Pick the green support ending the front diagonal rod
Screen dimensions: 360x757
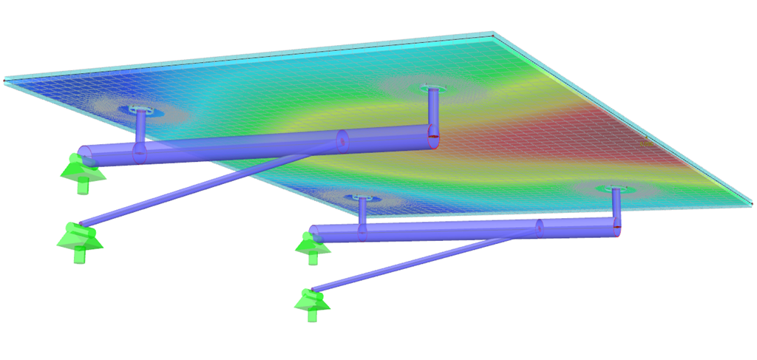click(x=310, y=305)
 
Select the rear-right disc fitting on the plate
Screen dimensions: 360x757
click(x=432, y=89)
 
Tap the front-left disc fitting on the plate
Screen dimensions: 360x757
click(x=361, y=199)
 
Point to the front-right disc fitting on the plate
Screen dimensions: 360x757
click(x=615, y=191)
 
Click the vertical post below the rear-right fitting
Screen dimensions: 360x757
click(x=432, y=111)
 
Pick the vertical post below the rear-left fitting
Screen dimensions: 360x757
click(x=140, y=129)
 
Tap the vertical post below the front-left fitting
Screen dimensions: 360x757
click(x=361, y=213)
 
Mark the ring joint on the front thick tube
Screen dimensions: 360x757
click(x=540, y=227)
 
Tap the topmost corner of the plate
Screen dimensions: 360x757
click(x=491, y=34)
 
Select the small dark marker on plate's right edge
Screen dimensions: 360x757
click(x=645, y=143)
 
